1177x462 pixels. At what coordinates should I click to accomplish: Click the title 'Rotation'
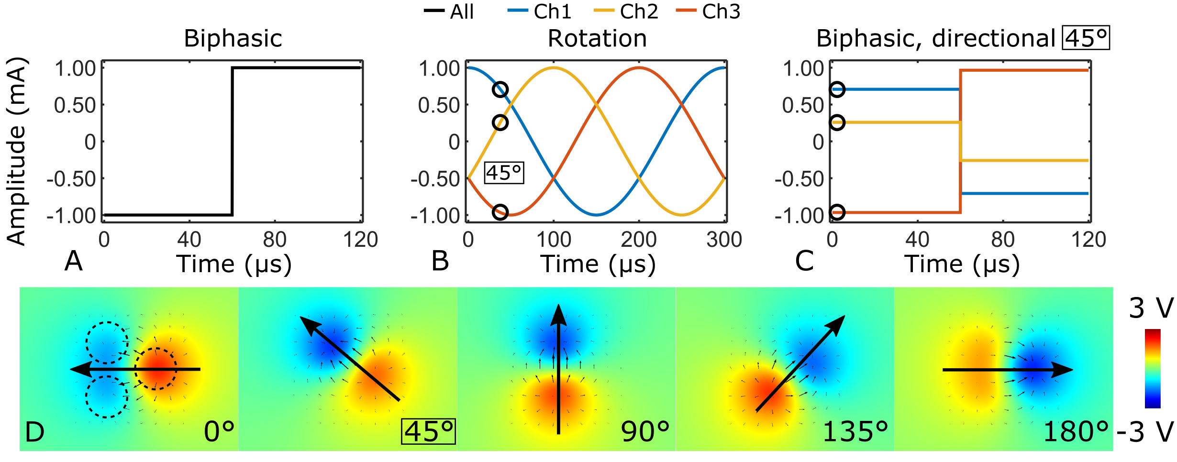[597, 38]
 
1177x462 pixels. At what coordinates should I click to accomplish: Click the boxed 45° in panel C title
[1086, 38]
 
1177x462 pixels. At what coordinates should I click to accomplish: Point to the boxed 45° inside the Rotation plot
[504, 173]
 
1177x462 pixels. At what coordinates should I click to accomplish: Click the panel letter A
[74, 261]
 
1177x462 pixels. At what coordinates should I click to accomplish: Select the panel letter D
[34, 432]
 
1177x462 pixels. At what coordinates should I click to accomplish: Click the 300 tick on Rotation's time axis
[724, 240]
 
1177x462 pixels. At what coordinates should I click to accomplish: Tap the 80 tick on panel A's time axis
[275, 240]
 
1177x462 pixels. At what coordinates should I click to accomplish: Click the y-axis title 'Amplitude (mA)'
[16, 151]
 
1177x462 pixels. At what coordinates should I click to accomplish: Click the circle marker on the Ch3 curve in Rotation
[500, 212]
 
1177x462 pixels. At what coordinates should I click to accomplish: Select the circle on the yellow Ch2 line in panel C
[837, 122]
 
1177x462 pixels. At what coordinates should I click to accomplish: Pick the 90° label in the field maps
[645, 432]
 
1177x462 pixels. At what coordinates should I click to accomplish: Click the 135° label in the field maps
[855, 432]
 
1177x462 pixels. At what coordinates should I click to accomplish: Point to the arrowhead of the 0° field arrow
[79, 369]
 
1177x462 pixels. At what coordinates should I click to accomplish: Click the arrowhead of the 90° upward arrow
[558, 313]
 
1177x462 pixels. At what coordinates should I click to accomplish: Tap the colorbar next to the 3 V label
[1153, 368]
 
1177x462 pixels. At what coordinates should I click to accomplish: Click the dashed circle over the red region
[156, 369]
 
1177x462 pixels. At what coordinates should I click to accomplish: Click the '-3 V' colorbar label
[1145, 432]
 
